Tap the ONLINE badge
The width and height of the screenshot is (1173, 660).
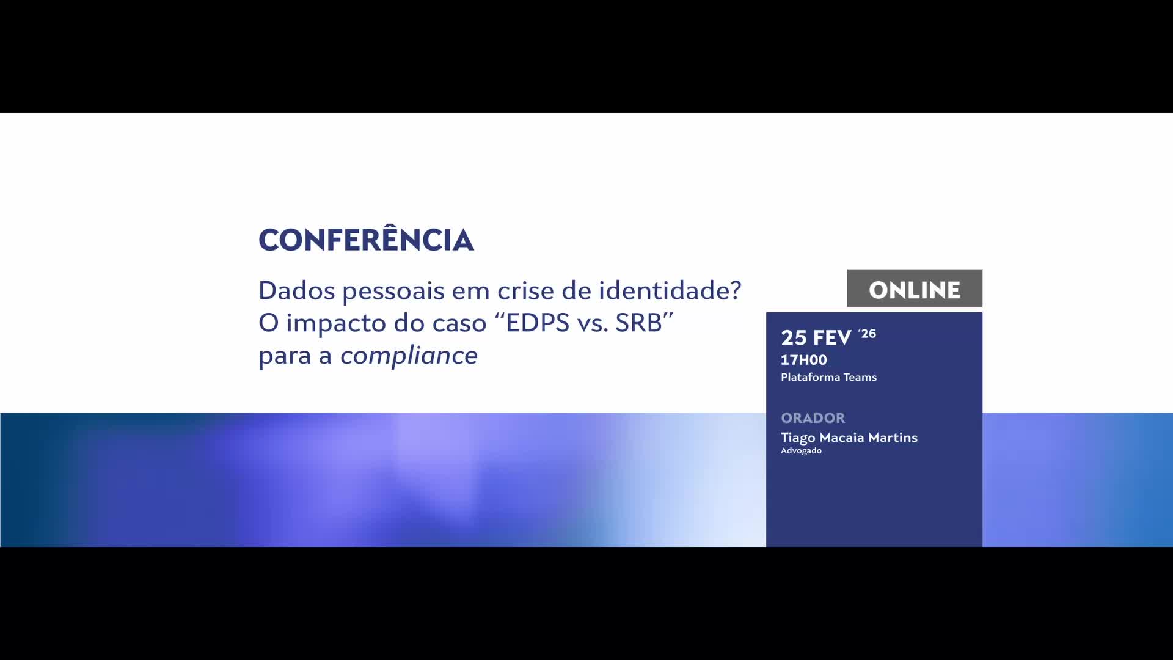click(x=915, y=288)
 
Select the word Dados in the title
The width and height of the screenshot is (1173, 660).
click(x=296, y=290)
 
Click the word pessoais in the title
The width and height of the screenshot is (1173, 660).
click(x=393, y=292)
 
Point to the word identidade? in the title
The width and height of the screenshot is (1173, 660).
click(x=670, y=290)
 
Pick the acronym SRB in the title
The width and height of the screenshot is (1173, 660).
click(x=638, y=323)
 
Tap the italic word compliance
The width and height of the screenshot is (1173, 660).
click(x=409, y=356)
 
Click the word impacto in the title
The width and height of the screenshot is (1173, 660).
click(x=335, y=323)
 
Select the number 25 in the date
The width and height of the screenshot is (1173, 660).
click(x=794, y=337)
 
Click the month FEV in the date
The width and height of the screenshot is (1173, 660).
click(x=831, y=337)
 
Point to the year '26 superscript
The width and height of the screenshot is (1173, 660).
click(x=867, y=334)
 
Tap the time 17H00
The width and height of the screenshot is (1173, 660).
click(x=804, y=360)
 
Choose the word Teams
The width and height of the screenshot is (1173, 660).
click(x=860, y=377)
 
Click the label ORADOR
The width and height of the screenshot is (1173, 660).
click(x=813, y=418)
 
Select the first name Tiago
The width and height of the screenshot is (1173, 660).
click(x=798, y=438)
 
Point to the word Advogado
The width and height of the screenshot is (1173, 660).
click(x=802, y=451)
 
